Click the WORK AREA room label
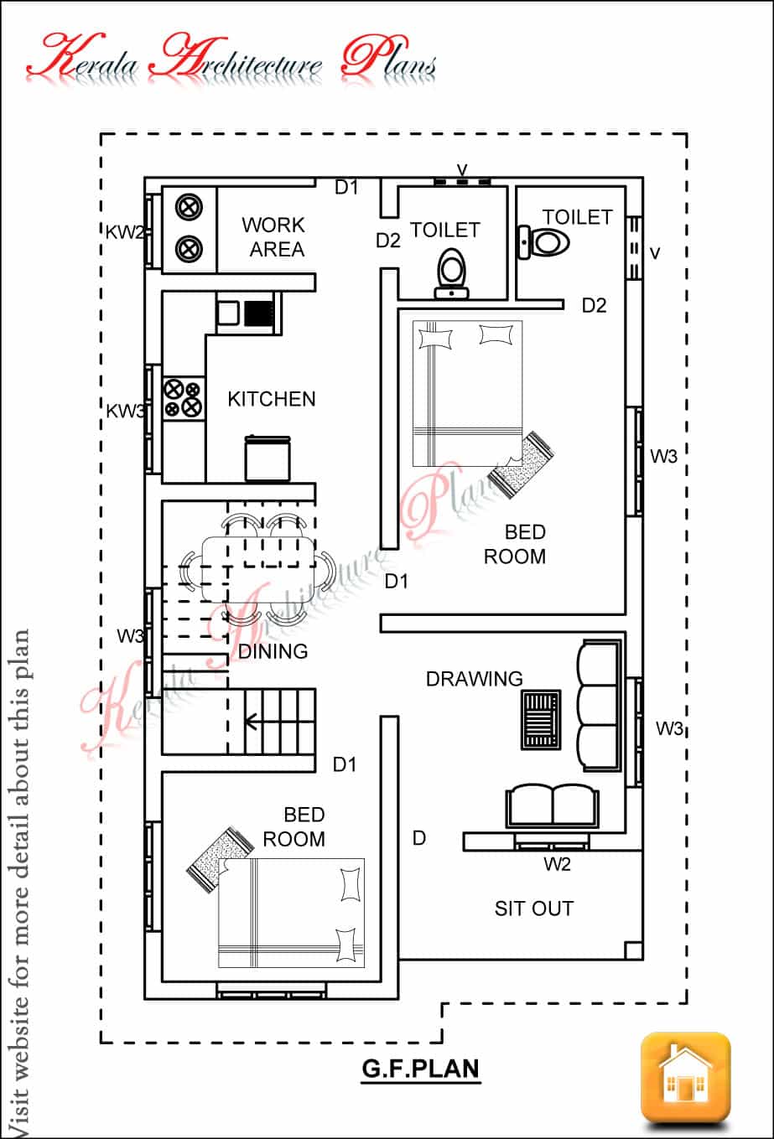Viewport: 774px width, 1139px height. click(273, 237)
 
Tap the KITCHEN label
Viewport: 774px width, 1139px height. click(272, 399)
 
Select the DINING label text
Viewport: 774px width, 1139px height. click(273, 650)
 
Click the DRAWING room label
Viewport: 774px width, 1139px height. click(474, 679)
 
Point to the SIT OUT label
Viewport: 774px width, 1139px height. click(533, 909)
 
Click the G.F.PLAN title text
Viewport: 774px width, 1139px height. click(421, 1069)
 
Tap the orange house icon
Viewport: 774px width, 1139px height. click(685, 1077)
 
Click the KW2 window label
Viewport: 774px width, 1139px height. click(124, 233)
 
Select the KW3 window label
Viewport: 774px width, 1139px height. click(125, 411)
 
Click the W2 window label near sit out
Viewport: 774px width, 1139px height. click(557, 864)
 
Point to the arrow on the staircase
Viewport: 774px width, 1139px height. click(252, 718)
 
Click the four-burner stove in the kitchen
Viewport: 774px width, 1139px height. click(184, 398)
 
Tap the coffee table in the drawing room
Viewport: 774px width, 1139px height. click(541, 719)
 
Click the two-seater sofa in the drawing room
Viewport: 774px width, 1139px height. click(553, 805)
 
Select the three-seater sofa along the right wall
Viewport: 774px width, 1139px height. click(599, 704)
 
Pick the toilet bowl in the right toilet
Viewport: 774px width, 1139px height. click(545, 242)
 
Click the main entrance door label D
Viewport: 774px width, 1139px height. click(419, 838)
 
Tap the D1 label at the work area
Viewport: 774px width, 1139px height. click(346, 188)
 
